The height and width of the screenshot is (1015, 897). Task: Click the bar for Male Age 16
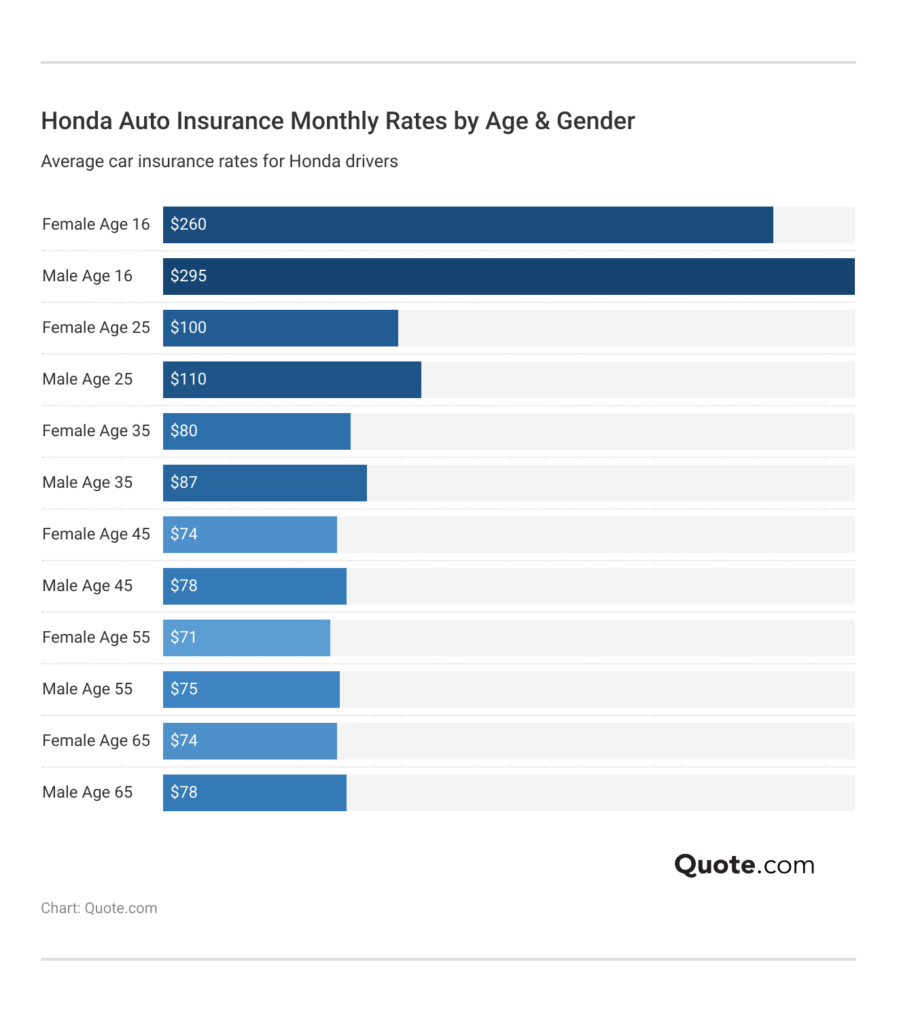click(x=508, y=277)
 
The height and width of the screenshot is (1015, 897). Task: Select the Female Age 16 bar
click(x=468, y=225)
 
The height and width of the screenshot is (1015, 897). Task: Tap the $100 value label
click(x=188, y=327)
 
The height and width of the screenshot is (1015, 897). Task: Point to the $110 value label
click(x=188, y=379)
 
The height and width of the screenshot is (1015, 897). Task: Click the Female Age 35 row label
click(x=96, y=431)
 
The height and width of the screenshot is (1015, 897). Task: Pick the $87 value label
click(x=184, y=482)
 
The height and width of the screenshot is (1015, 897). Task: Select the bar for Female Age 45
click(x=249, y=535)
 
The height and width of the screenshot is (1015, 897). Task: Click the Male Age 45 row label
click(x=87, y=586)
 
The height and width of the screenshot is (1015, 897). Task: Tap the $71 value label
click(x=183, y=637)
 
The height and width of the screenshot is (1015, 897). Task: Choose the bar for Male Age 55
click(x=251, y=690)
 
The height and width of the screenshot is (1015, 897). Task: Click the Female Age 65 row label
click(x=96, y=741)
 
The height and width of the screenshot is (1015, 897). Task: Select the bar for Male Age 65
click(x=254, y=793)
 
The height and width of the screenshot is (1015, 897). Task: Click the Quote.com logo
click(x=744, y=865)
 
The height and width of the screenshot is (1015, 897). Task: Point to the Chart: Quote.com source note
click(x=99, y=908)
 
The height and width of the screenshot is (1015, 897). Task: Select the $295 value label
click(x=188, y=276)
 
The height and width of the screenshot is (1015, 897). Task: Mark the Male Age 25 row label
click(x=87, y=379)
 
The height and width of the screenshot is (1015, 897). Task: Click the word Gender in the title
click(x=596, y=121)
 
